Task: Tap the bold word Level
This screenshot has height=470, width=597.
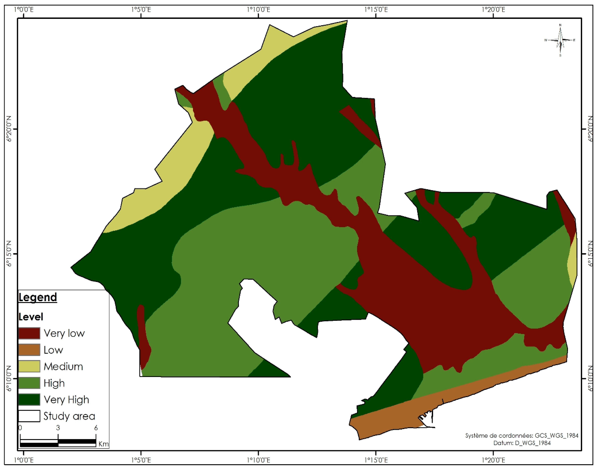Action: pyautogui.click(x=31, y=317)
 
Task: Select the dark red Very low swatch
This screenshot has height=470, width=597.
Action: pyautogui.click(x=29, y=333)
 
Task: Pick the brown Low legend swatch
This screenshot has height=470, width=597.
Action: pyautogui.click(x=29, y=350)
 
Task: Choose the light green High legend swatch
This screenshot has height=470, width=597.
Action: pyautogui.click(x=29, y=383)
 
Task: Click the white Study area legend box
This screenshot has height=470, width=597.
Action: pyautogui.click(x=29, y=416)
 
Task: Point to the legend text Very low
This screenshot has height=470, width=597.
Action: pyautogui.click(x=64, y=333)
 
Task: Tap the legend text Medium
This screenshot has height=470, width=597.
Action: pyautogui.click(x=63, y=367)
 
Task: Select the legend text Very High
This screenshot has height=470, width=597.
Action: pyautogui.click(x=66, y=400)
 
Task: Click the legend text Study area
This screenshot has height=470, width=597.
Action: pyautogui.click(x=69, y=416)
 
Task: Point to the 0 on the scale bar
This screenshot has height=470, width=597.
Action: pyautogui.click(x=20, y=428)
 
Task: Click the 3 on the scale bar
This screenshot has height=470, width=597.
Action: pyautogui.click(x=58, y=428)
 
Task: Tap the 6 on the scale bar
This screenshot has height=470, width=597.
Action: pyautogui.click(x=96, y=428)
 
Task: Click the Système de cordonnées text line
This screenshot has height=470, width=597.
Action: pyautogui.click(x=521, y=436)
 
